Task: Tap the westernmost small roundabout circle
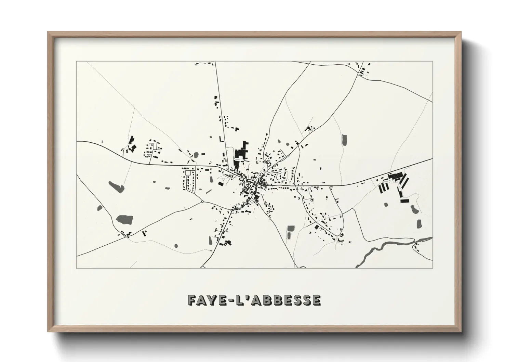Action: click(x=202, y=201)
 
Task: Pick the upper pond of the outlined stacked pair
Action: click(x=291, y=228)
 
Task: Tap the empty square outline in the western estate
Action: click(x=188, y=173)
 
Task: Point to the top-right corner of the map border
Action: click(x=432, y=61)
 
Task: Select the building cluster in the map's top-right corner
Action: click(x=363, y=69)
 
